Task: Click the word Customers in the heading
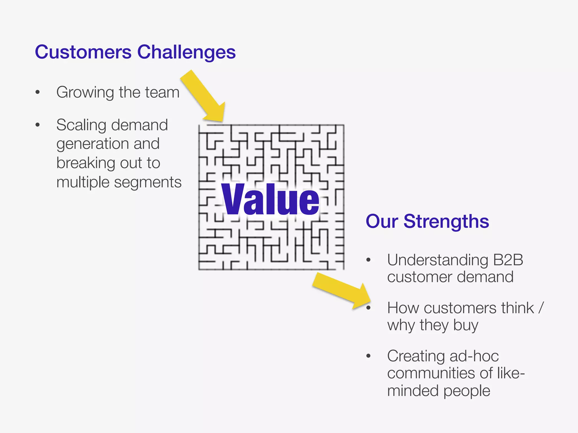83,52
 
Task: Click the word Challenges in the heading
186,53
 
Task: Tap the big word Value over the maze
270,200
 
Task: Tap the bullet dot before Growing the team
38,92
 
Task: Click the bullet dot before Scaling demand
38,125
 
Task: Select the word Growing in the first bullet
85,92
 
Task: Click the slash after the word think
540,308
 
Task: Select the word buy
466,326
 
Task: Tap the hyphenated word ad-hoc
474,356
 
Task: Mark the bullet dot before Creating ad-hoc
368,356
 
